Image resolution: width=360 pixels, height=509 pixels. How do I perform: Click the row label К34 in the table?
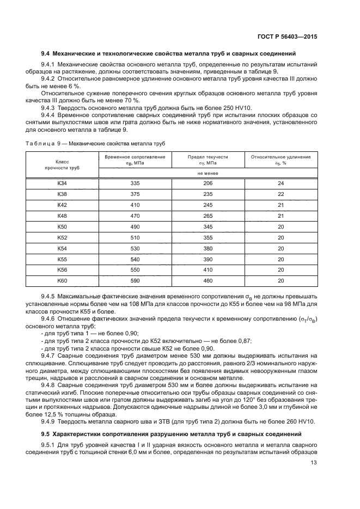point(63,183)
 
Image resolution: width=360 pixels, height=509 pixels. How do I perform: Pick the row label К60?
point(63,280)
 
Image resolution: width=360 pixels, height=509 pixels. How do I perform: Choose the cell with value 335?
point(135,183)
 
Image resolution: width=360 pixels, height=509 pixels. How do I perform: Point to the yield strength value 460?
point(208,280)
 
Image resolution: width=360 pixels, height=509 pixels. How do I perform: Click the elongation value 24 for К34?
point(281,183)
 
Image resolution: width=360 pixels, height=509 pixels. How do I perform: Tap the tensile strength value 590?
point(135,280)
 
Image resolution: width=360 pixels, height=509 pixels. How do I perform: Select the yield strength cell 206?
point(208,183)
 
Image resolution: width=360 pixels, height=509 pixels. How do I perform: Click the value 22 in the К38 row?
point(281,194)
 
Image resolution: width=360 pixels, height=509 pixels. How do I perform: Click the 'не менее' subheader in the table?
point(208,173)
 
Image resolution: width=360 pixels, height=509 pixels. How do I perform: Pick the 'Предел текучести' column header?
point(208,157)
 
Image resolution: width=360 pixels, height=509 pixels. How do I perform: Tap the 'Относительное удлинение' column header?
point(281,157)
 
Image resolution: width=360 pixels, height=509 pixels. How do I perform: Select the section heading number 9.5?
point(46,433)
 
